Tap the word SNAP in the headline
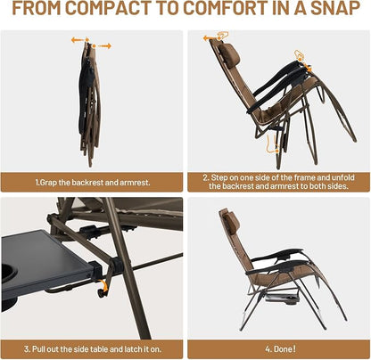click(335, 8)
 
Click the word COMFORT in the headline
click(226, 8)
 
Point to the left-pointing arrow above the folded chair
click(78, 40)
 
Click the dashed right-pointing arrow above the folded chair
click(104, 46)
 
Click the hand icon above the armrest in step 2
click(299, 55)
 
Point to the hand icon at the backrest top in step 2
click(223, 36)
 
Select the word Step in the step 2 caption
click(218, 178)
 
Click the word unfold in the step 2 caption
click(343, 177)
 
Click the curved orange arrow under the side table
click(103, 286)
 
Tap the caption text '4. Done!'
click(280, 348)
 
